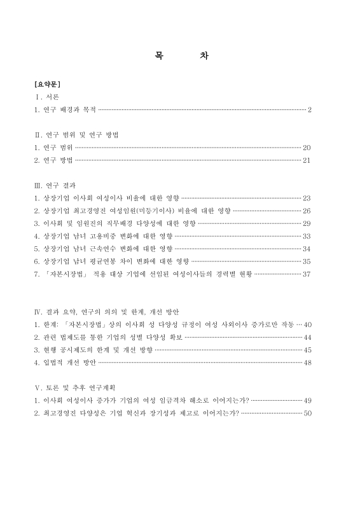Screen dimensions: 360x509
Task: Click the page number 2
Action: (x=309, y=110)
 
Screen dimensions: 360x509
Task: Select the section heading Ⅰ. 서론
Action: (x=47, y=97)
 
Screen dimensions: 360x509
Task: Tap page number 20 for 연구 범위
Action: (x=307, y=147)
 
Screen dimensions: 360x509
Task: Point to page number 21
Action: (x=307, y=160)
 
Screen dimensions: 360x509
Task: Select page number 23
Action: (x=307, y=198)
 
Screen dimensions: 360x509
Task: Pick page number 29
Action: (x=307, y=223)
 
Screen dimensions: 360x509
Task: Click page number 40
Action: (x=307, y=324)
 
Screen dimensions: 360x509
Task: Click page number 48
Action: (x=307, y=363)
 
